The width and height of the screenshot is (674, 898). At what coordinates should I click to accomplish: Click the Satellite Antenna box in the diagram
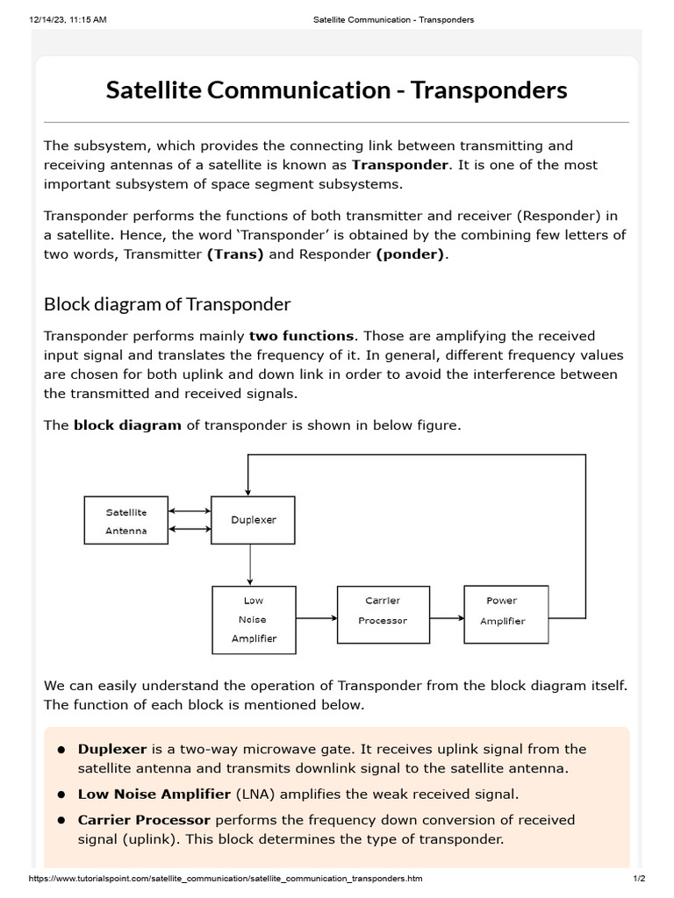coord(126,521)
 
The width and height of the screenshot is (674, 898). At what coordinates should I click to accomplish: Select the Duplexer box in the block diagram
coord(253,520)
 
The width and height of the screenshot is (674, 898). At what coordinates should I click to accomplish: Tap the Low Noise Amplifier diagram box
coord(254,619)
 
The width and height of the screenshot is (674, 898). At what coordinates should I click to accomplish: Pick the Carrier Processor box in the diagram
coord(383,610)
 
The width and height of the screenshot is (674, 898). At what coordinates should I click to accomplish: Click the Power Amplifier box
coord(505,610)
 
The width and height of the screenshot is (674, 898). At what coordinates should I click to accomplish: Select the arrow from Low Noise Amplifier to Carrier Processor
coord(316,618)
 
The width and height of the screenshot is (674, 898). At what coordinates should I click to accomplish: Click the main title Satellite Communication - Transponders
coord(336,90)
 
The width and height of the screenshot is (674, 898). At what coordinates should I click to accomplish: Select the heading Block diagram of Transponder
coord(167,304)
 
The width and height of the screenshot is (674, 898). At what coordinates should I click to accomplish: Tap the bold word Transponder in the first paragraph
coord(399,165)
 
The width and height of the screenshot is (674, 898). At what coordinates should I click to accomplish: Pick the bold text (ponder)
coord(411,254)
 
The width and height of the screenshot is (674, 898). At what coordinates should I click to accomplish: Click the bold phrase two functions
coord(302,336)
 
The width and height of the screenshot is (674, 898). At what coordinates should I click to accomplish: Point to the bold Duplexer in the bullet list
coord(112,749)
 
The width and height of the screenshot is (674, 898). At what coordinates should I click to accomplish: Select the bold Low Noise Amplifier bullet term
coord(154,795)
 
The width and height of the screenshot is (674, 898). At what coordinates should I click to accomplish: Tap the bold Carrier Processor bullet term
coord(144,820)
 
